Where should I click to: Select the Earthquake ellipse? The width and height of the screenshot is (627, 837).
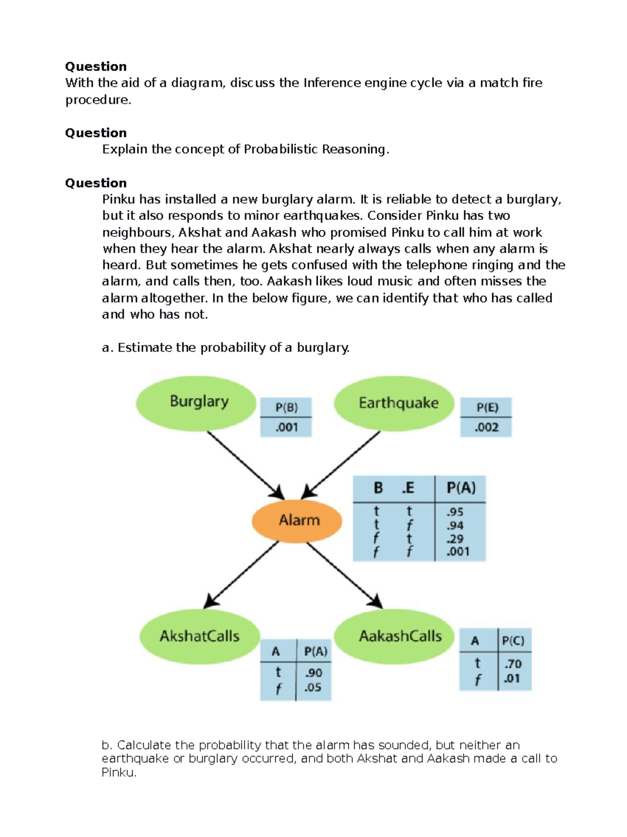394,403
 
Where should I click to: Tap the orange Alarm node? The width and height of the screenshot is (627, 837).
297,520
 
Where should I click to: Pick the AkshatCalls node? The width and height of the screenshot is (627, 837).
200,636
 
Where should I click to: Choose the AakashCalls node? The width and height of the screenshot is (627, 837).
394,636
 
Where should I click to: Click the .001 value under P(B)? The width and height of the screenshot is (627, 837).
286,427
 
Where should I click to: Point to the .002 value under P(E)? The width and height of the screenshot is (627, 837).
486,427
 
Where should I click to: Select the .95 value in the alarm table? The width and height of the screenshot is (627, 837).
455,512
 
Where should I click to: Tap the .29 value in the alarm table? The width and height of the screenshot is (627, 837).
455,539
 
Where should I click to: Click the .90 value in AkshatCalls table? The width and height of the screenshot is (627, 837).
313,673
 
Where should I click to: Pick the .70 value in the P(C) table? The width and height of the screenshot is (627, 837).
513,664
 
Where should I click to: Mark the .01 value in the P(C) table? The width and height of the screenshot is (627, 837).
512,679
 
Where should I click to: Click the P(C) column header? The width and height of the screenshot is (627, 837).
513,641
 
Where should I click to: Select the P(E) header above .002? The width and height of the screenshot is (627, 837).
487,407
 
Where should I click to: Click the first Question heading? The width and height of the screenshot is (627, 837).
96,66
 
